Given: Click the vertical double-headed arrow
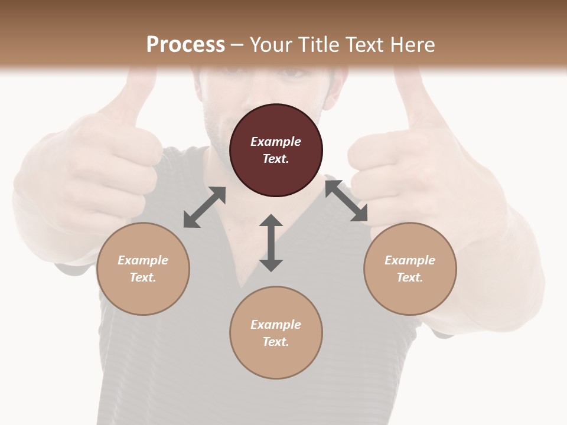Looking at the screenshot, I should (271, 243).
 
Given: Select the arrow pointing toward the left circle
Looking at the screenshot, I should (204, 207).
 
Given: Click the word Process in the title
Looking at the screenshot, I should (185, 44).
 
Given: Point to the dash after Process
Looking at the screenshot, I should (237, 45).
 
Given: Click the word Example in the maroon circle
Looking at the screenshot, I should (276, 142).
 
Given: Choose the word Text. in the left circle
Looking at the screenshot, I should (143, 277).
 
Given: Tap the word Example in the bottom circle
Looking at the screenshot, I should (276, 325).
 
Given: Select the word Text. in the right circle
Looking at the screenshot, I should (410, 277).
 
